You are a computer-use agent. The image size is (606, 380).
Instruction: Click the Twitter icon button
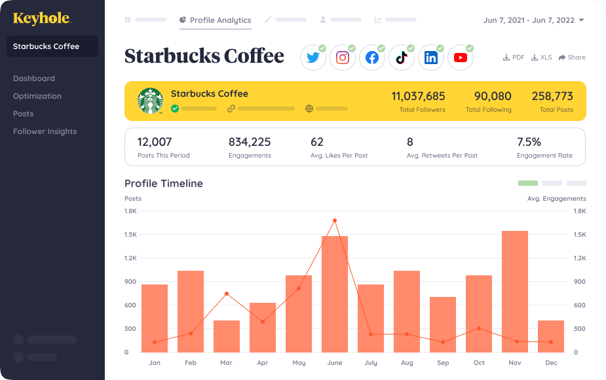313,58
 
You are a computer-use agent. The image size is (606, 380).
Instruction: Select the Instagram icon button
343,58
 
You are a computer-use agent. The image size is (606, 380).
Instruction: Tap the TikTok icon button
402,58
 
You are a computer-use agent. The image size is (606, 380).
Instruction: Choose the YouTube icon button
461,58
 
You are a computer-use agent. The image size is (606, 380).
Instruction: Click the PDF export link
514,58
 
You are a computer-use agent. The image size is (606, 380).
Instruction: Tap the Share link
572,58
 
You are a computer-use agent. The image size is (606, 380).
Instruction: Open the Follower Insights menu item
45,131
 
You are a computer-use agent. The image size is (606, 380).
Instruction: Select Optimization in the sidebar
37,96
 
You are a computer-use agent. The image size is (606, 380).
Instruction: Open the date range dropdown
534,20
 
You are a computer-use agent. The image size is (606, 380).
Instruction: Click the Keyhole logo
41,18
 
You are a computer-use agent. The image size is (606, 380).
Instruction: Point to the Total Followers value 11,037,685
418,96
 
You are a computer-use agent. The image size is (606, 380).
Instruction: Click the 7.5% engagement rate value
529,141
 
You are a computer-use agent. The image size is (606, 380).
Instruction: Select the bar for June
335,294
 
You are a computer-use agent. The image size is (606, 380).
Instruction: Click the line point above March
227,294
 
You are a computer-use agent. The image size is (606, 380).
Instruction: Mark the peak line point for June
335,220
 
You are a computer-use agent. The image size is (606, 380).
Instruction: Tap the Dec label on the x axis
551,362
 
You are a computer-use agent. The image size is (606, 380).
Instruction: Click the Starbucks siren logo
150,101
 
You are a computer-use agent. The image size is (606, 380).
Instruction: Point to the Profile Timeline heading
164,184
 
